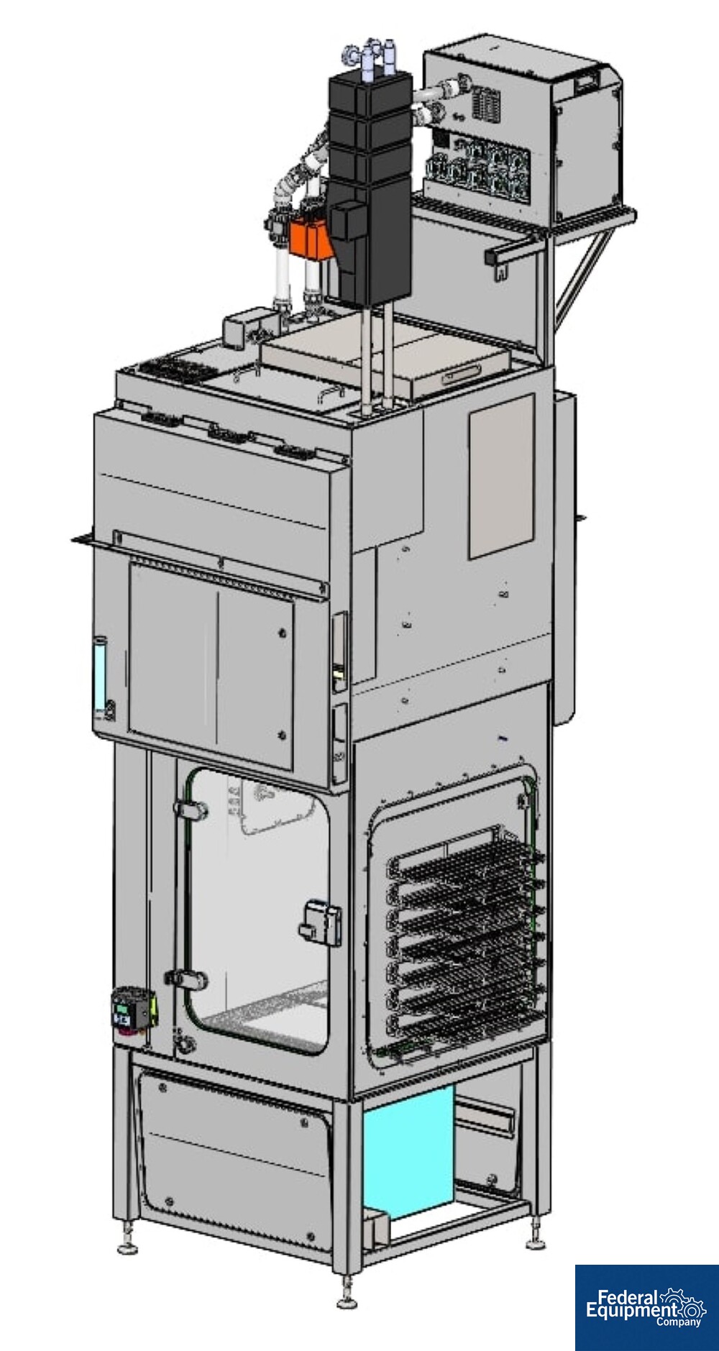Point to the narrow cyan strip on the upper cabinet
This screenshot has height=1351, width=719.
pos(99,674)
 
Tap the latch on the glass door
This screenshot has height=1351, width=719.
pos(321,921)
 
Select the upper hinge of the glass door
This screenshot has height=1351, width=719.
pos(189,810)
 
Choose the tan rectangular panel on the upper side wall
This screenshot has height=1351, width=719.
pos(502,476)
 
